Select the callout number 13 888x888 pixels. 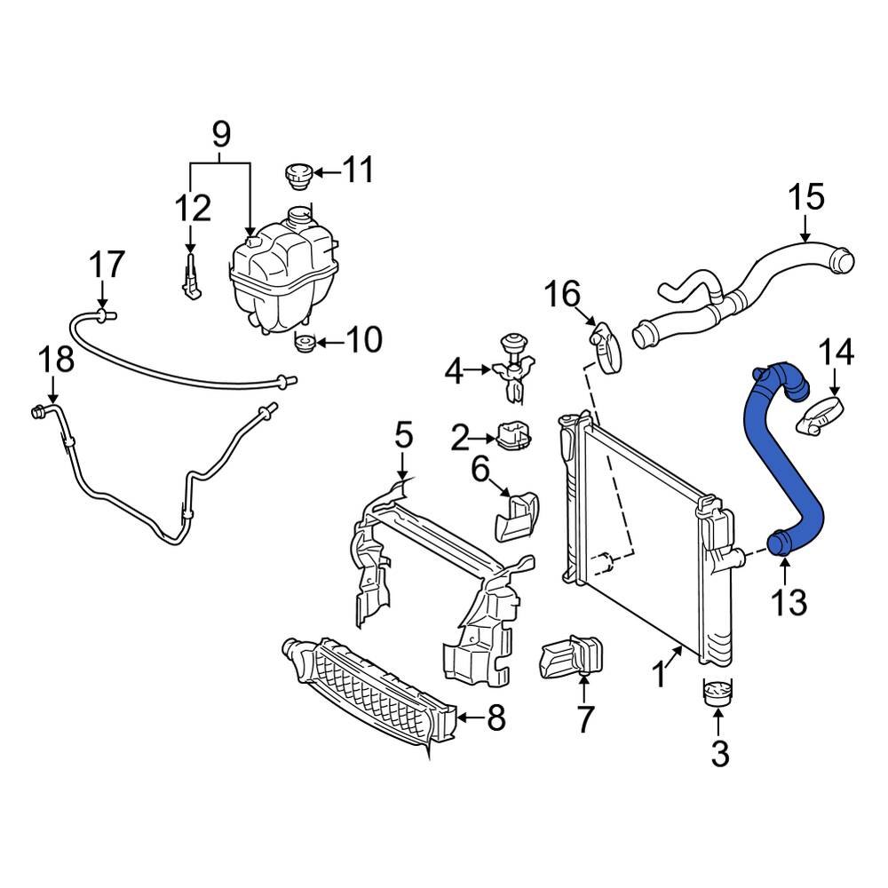pyautogui.click(x=788, y=602)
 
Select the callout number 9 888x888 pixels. pyautogui.click(x=220, y=135)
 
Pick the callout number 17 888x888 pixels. pyautogui.click(x=107, y=265)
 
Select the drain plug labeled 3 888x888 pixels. pyautogui.click(x=718, y=693)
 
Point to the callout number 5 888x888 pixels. pyautogui.click(x=402, y=436)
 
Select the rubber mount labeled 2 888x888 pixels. pyautogui.click(x=513, y=436)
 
